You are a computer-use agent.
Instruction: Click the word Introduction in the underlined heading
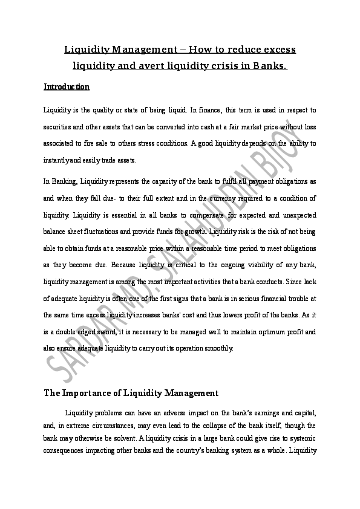point(67,87)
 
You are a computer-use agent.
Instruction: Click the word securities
point(58,127)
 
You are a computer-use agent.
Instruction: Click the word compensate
point(202,215)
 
